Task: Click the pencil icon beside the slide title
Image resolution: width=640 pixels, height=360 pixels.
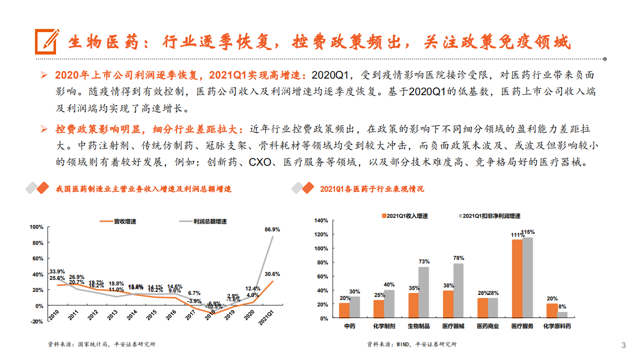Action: pos(47,41)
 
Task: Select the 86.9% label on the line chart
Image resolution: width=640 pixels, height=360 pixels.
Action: pos(272,229)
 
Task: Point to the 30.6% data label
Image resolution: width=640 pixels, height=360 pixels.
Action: pos(272,274)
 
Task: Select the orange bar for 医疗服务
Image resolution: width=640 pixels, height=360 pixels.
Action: pos(516,278)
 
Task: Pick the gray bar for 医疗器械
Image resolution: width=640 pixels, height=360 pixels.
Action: pos(458,290)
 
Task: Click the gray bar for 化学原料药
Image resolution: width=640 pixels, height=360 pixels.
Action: pos(563,315)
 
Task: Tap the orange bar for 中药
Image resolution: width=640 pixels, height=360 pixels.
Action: pos(344,310)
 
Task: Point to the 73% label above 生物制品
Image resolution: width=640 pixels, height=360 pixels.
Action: pos(424,261)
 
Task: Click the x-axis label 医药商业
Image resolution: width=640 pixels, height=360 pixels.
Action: pos(488,326)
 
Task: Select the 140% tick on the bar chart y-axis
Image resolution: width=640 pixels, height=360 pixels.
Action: pos(321,220)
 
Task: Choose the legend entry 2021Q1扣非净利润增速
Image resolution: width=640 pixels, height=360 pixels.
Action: pos(490,216)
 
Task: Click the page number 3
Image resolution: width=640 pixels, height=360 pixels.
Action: pos(623,345)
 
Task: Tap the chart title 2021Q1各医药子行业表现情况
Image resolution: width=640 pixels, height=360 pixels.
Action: pos(372,189)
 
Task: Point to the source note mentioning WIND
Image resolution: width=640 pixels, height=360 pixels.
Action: pos(411,344)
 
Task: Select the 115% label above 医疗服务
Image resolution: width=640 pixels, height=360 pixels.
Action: pos(528,232)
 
